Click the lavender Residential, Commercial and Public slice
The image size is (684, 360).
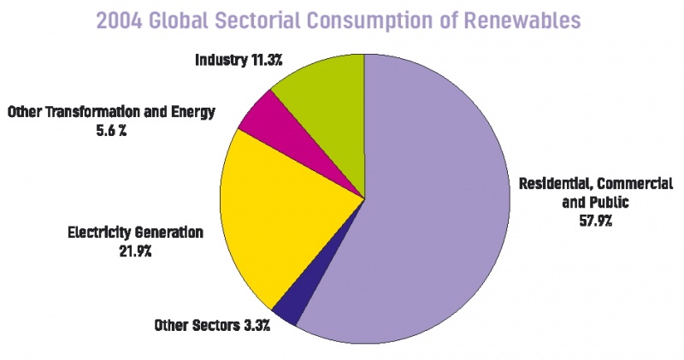(427, 205)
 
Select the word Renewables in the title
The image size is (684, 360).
(526, 21)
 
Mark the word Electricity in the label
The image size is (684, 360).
(100, 232)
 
